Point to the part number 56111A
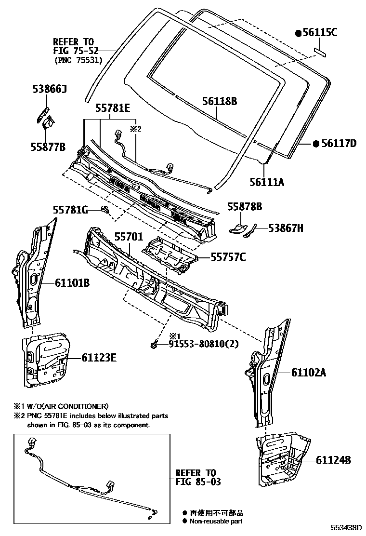(267, 182)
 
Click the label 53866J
(50, 89)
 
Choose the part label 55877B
(49, 147)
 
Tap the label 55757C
(228, 257)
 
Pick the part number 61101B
(72, 283)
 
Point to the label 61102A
(309, 372)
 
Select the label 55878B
(245, 207)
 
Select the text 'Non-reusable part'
(216, 521)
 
